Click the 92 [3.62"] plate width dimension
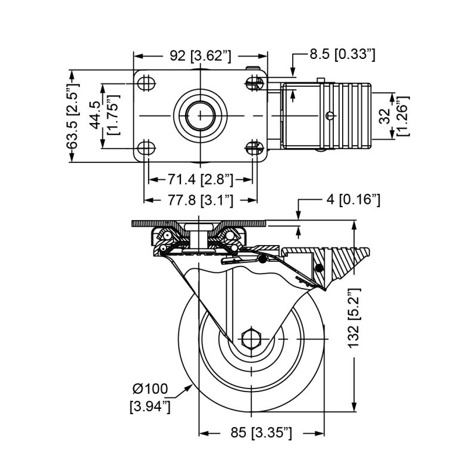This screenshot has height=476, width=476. (201, 56)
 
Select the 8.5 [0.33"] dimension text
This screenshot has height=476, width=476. (343, 55)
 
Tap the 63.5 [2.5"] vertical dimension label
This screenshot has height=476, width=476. (73, 116)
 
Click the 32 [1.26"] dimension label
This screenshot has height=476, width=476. (394, 116)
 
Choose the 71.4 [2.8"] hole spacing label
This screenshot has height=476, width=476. (201, 180)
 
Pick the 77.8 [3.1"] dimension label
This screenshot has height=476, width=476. (201, 200)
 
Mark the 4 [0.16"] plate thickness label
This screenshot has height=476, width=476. (353, 199)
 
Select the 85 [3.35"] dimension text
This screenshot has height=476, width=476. (261, 433)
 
